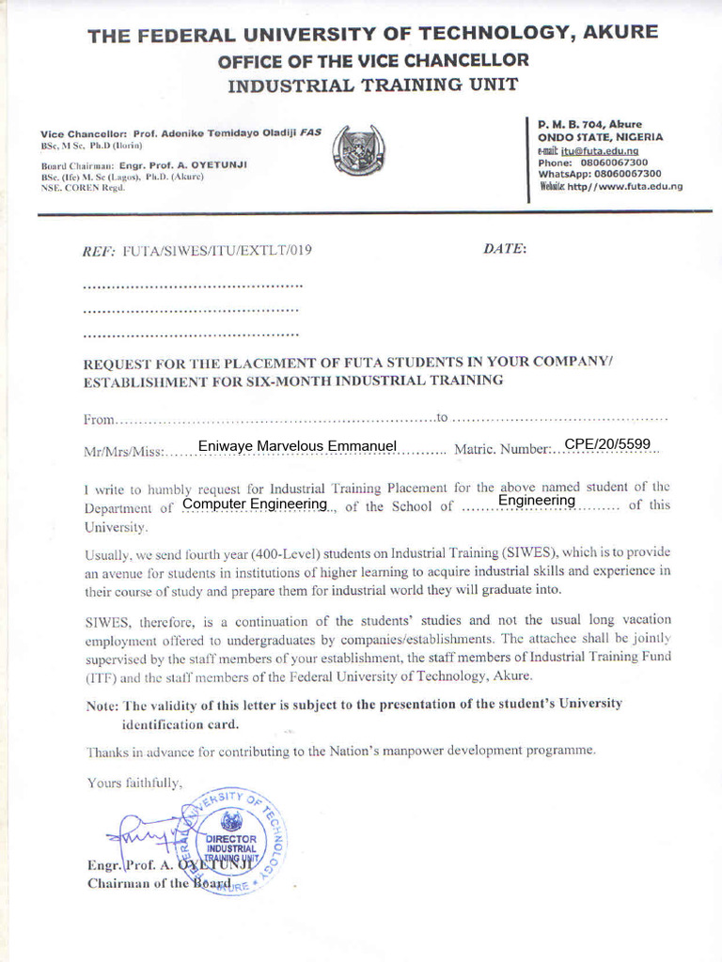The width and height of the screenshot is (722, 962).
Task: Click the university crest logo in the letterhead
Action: click(358, 149)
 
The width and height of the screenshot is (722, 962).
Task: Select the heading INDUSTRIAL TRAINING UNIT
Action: click(373, 86)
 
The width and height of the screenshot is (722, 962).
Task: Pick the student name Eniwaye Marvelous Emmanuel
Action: click(297, 445)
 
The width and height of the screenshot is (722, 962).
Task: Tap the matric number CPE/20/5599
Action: click(607, 443)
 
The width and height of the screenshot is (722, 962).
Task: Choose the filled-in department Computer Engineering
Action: click(255, 504)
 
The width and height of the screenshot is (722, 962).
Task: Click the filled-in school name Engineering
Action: click(536, 501)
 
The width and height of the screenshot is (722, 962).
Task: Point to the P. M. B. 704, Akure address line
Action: click(589, 124)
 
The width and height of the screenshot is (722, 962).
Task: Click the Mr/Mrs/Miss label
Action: click(123, 451)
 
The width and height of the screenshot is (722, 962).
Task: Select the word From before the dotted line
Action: click(99, 418)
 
